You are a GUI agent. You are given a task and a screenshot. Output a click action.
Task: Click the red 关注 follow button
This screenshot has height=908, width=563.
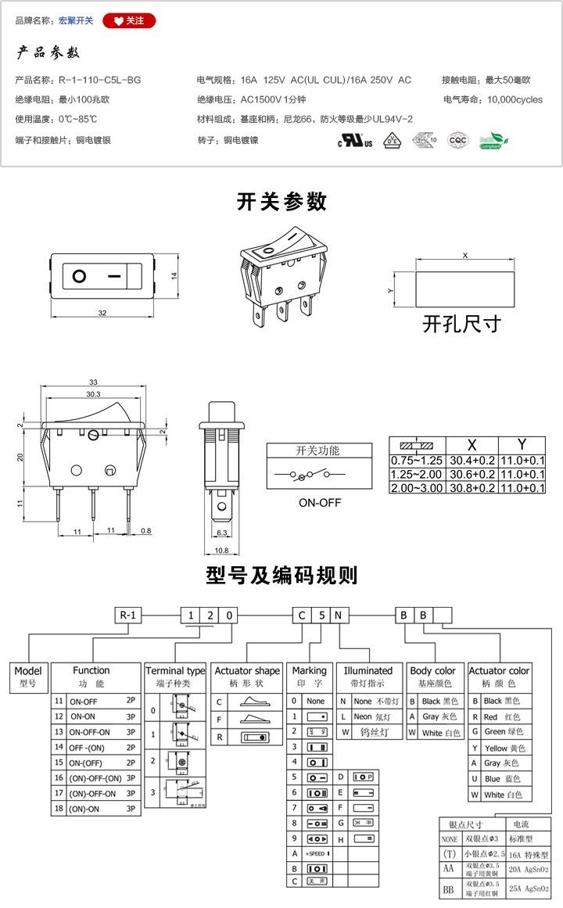[x=129, y=20]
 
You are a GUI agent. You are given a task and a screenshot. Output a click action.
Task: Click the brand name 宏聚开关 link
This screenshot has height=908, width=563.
[x=76, y=20]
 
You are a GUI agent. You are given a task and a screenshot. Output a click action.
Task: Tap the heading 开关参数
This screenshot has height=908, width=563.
[x=281, y=202]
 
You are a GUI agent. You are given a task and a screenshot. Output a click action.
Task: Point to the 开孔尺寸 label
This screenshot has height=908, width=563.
[x=461, y=323]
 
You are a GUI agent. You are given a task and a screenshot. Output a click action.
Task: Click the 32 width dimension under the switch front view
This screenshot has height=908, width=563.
[x=102, y=313]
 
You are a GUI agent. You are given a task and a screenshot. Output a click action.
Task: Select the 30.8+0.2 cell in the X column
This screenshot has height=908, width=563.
[x=472, y=487]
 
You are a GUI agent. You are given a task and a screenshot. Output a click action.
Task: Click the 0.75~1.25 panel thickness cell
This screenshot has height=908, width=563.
[x=417, y=461]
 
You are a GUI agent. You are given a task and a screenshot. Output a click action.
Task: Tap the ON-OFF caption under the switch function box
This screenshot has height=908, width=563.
[x=320, y=502]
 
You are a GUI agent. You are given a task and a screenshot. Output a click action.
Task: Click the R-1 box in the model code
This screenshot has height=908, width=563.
[x=127, y=615]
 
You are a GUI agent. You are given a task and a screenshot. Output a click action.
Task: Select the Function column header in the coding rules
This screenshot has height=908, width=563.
[x=91, y=670]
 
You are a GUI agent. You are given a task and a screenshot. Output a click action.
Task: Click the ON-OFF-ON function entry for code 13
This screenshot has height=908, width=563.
[x=89, y=733]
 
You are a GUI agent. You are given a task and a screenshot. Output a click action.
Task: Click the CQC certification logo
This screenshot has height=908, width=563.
[x=456, y=141]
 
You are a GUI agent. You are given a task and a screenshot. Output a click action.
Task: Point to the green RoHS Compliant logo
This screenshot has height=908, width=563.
[x=493, y=141]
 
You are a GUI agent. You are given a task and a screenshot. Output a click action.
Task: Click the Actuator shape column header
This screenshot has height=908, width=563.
[x=247, y=671]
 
